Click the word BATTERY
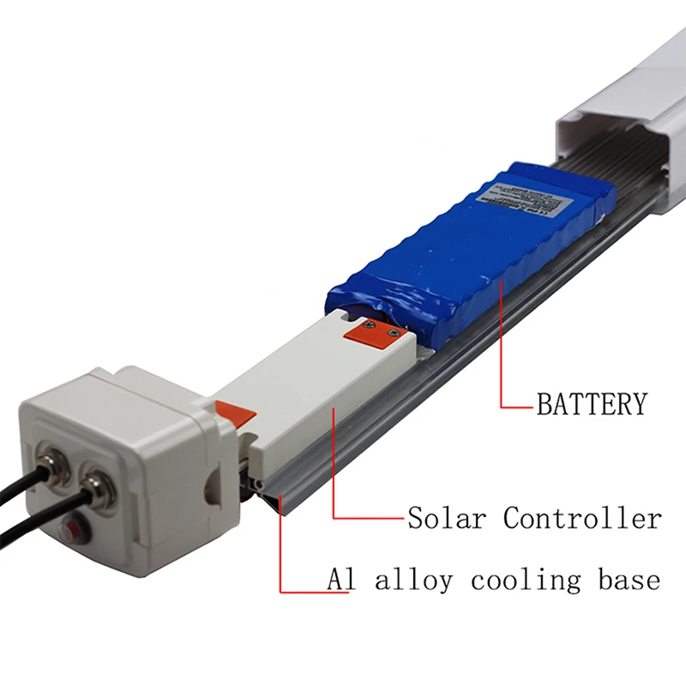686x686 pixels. pyautogui.click(x=591, y=403)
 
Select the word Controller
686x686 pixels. pyautogui.click(x=582, y=518)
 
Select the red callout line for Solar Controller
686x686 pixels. pyautogui.click(x=334, y=480)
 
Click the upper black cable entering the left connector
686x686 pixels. pyautogui.click(x=17, y=481)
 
